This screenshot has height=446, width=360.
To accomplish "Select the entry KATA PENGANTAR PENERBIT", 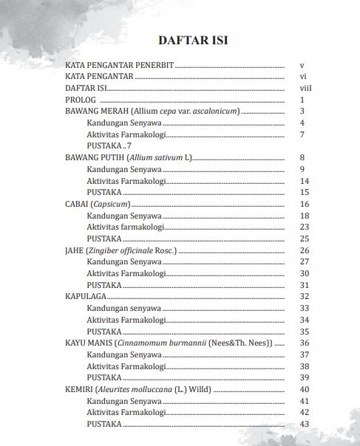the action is point(119,66).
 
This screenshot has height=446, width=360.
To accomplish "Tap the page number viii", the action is point(302,89).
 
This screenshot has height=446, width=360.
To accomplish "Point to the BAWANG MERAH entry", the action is point(152,111).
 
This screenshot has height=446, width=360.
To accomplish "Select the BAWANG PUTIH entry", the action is point(128,158).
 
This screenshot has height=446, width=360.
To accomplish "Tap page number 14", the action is point(303,181).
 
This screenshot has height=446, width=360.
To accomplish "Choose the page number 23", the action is point(303,227).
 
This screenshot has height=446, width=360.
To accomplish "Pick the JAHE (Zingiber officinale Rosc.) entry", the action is point(121,250).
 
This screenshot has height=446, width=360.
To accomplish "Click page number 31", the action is point(303,285).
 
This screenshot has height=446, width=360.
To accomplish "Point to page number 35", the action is point(303,332).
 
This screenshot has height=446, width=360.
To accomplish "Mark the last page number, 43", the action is point(303,424).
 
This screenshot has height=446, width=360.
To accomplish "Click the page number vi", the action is point(302,77).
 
